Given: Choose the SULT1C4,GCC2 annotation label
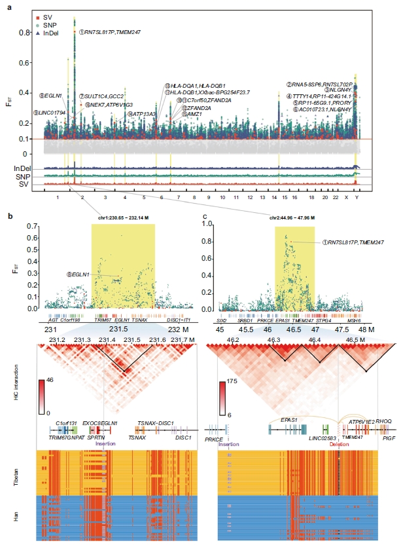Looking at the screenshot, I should (x=99, y=96).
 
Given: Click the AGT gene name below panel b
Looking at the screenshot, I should (x=52, y=321).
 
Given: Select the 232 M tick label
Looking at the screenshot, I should (x=177, y=329).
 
